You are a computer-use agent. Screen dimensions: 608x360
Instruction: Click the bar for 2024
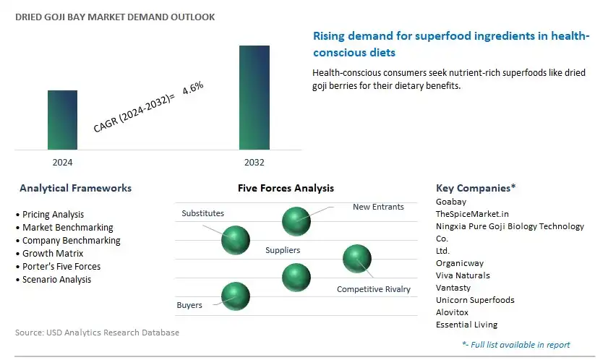coord(62,120)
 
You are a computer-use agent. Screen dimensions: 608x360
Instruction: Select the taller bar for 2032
coord(254,98)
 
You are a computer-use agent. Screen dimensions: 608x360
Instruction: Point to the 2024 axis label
coord(62,162)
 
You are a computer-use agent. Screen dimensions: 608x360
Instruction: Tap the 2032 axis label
coord(254,162)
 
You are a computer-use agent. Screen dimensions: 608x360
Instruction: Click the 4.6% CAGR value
coord(193,87)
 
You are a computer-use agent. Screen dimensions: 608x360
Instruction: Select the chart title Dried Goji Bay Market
coord(115,17)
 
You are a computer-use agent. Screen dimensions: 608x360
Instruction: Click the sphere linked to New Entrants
coord(296,221)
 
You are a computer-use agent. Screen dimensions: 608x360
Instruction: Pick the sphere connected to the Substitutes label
coord(236,240)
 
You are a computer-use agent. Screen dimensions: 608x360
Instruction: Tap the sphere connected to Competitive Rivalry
coord(357,259)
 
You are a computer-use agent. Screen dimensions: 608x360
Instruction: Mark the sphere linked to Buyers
coord(236,296)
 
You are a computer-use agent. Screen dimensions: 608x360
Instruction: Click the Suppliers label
coord(283,250)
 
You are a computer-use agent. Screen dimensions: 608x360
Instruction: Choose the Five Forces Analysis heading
coord(286,188)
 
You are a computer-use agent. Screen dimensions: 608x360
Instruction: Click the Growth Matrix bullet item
coord(53,253)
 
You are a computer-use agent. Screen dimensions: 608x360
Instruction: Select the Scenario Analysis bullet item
coord(56,279)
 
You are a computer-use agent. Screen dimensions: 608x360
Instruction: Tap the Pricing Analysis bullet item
coord(53,214)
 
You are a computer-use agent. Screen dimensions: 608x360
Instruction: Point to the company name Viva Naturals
coord(463,275)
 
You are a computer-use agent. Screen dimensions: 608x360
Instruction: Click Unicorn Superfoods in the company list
coord(475,300)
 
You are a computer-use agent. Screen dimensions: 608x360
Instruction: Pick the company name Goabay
coord(451,202)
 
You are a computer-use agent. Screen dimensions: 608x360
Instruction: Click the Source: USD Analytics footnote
coord(97,333)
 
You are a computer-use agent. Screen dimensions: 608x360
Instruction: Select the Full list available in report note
coord(516,345)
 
